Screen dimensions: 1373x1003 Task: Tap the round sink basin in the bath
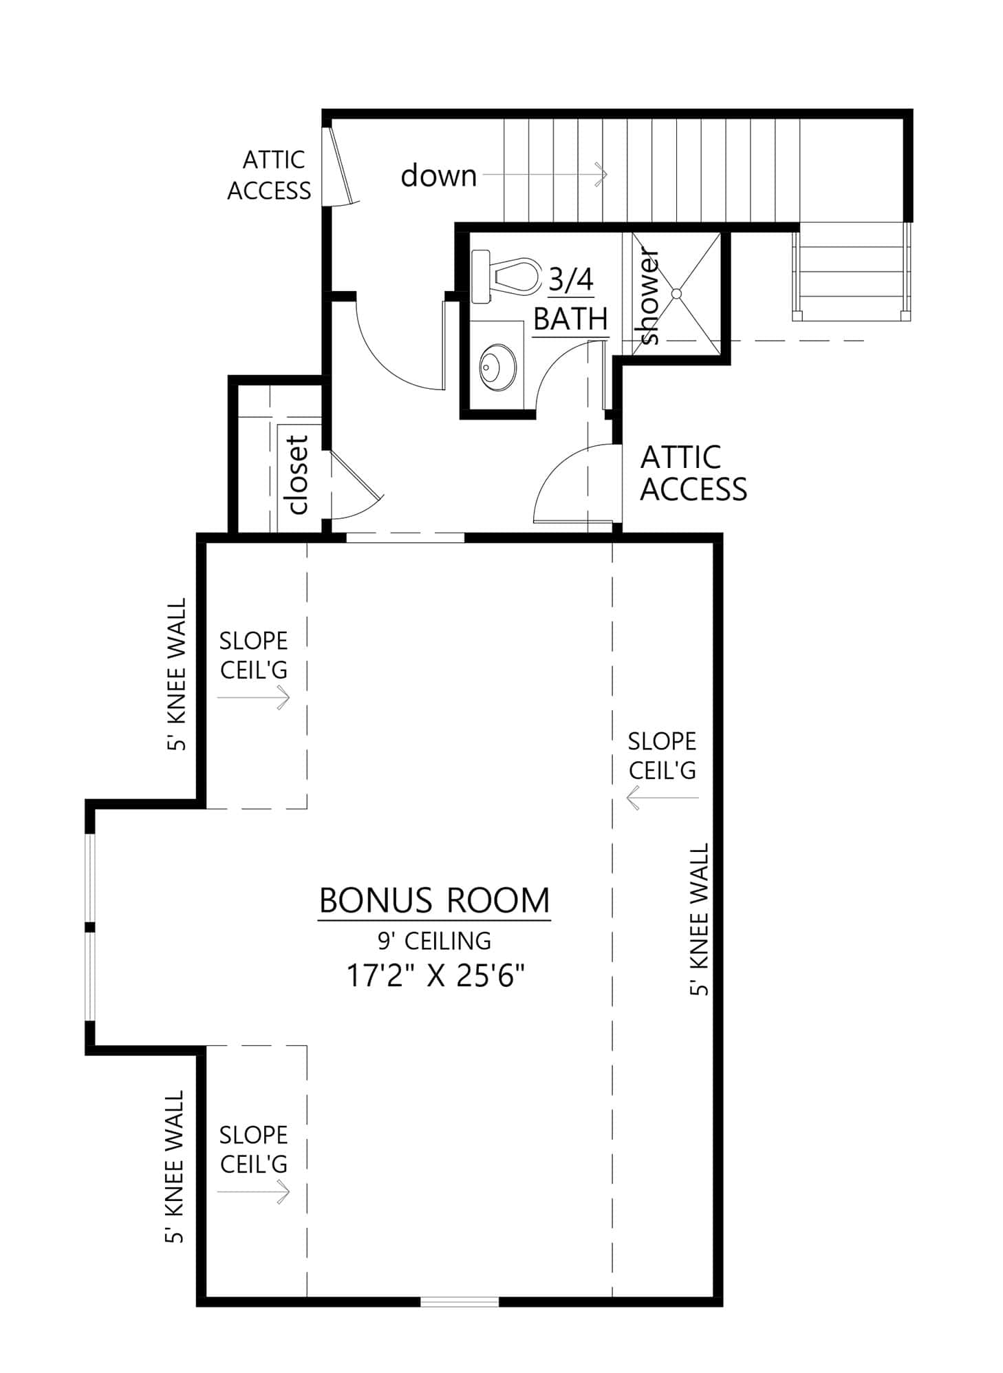497,366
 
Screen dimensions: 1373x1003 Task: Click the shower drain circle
676,293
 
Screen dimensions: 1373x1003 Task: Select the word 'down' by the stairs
438,175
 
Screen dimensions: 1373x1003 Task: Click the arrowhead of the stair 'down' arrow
602,175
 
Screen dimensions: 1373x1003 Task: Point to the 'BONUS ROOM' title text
434,900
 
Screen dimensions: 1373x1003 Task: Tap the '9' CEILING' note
434,940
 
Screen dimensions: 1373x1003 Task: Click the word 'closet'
298,475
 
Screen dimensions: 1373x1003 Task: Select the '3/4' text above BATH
570,280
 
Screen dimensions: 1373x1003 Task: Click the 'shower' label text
649,297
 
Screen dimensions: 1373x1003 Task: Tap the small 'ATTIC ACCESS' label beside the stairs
269,175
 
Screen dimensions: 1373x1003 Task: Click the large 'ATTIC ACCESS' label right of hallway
692,473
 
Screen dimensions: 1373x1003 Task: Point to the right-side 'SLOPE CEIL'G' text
662,756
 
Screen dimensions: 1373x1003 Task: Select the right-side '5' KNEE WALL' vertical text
699,919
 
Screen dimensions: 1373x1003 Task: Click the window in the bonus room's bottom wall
459,1301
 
